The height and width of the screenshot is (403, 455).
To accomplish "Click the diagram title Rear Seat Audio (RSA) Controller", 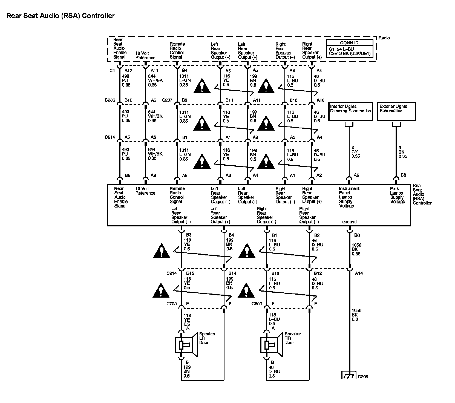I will coord(60,16).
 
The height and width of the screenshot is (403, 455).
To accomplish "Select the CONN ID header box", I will coord(349,42).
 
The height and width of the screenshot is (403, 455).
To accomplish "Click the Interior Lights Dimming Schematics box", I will coord(350,111).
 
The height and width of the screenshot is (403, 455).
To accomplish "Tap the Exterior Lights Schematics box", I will coord(396,111).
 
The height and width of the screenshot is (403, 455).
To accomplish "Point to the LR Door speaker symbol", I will coord(186,345).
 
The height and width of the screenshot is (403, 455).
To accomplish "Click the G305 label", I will coord(363,377).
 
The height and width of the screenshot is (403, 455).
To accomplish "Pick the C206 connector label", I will coord(110,100).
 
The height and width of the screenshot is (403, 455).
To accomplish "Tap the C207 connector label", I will coord(167,100).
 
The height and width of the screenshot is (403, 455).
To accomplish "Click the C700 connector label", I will coord(172,304).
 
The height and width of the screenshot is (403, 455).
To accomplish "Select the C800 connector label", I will coord(257,304).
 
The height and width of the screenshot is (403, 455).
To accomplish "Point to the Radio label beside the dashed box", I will coord(384,38).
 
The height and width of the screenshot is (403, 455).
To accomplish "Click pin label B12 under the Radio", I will coord(128,71).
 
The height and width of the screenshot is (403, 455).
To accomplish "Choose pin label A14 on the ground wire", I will coord(359,273).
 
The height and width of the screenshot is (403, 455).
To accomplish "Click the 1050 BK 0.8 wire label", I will coord(356,315).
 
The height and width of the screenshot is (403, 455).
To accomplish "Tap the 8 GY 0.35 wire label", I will coord(355,152).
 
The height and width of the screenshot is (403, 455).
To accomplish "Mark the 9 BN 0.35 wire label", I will coord(402,152).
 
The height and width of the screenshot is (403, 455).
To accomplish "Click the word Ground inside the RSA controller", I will coord(349,222).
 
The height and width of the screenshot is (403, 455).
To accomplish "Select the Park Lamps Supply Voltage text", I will coord(397,195).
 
